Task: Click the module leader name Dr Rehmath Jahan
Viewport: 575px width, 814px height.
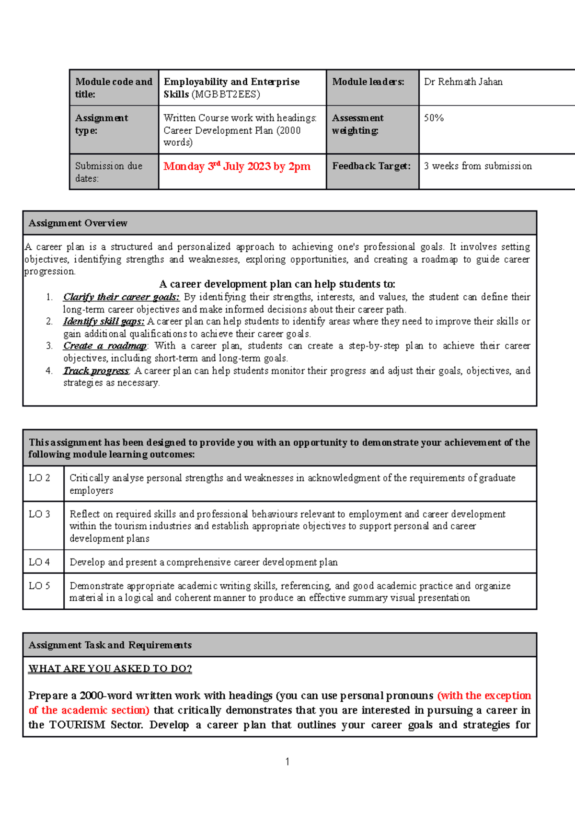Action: tap(463, 82)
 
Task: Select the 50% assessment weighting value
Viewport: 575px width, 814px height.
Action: tap(434, 118)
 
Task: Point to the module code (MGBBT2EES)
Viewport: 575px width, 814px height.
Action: tap(226, 94)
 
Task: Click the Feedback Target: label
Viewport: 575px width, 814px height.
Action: tap(371, 166)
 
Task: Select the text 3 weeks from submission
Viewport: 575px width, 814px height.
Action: tap(477, 166)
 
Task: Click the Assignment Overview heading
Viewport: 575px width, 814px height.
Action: tap(78, 223)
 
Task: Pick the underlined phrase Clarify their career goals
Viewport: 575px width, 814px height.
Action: tap(121, 297)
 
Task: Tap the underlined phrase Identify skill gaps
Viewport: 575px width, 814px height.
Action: tap(103, 322)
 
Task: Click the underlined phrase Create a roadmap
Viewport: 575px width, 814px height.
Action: tap(105, 346)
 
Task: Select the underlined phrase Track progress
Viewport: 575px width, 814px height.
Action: tap(96, 371)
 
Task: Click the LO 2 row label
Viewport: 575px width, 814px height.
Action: tap(39, 478)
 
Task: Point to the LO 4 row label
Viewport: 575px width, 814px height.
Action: tap(39, 562)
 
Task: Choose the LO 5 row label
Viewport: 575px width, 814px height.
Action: tap(39, 586)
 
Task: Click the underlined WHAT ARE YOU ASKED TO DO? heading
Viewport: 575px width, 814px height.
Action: tap(110, 669)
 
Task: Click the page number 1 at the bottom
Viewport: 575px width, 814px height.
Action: tap(287, 762)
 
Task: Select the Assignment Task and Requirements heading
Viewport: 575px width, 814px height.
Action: tap(110, 645)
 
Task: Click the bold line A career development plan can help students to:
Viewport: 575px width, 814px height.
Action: tap(277, 284)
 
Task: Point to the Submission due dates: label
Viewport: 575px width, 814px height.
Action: tap(108, 172)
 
